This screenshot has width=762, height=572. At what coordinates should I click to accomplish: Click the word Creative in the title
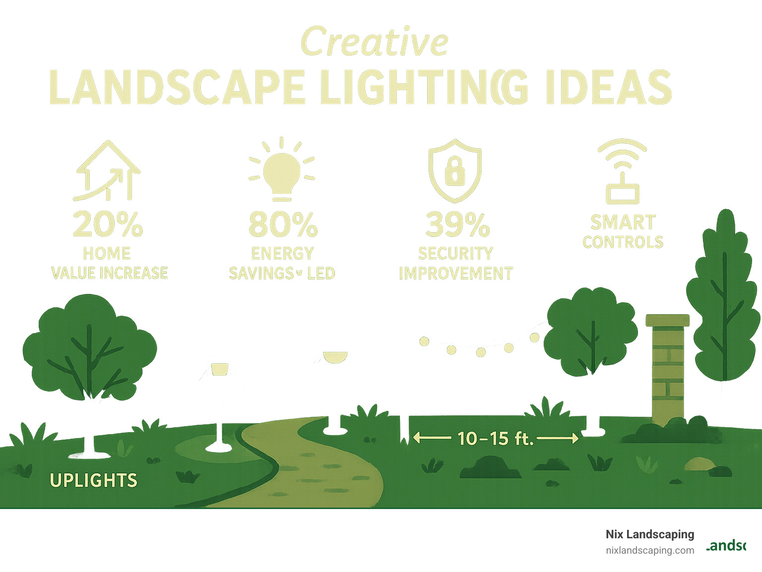pos(375,43)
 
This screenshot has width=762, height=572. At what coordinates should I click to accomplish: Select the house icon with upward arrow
pos(108,171)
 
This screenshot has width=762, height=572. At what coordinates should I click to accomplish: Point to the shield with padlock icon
pos(454,171)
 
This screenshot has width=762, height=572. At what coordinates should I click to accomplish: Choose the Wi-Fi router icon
pos(623,172)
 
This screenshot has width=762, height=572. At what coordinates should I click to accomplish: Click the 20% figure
pos(108,224)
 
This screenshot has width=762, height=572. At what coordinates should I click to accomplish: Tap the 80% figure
pos(283,224)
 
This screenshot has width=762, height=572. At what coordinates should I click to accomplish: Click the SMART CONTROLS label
pos(623,232)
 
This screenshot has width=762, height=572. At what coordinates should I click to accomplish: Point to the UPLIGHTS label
pos(93,480)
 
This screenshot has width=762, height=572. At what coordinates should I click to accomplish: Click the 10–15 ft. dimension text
pos(495,438)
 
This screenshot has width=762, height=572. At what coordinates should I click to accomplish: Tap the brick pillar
pos(668,369)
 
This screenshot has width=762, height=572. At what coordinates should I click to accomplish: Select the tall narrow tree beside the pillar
pos(724,297)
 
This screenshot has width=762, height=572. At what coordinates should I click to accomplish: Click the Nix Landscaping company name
pos(650,534)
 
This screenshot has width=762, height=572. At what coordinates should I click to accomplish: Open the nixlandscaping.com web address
pos(650,550)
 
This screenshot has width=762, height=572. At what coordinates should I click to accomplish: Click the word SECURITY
pos(455,253)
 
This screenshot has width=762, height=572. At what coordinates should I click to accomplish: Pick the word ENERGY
pos(282,253)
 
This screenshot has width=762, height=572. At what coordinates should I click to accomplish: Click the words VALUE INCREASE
pos(110,273)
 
